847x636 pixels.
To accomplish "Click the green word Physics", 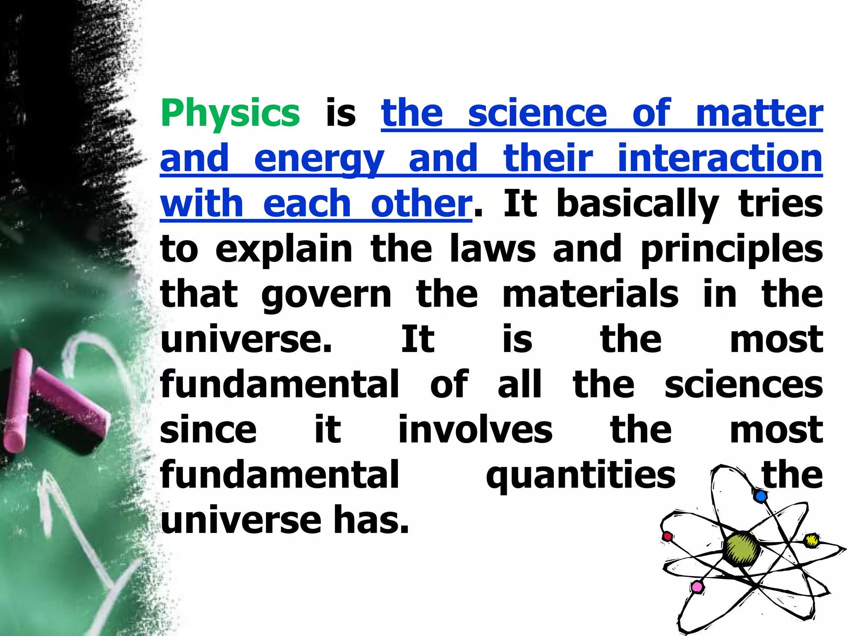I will [x=230, y=113].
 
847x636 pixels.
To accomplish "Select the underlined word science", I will [x=537, y=113].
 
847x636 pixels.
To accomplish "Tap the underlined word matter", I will [x=759, y=113].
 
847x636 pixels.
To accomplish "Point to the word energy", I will [x=319, y=159].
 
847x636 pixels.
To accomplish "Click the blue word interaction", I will [x=720, y=159].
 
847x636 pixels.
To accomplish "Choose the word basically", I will [x=637, y=204].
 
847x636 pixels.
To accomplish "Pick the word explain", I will [x=284, y=250].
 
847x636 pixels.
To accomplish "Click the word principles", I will [x=732, y=250].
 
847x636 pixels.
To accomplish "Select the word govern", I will [x=326, y=295].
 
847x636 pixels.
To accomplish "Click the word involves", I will [x=475, y=430].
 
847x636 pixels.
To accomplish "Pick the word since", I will [x=208, y=430].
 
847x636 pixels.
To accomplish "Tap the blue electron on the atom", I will [x=761, y=496].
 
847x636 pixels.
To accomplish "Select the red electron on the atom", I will [x=667, y=537].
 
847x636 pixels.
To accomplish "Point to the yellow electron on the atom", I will [x=812, y=540].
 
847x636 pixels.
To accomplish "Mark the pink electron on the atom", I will [x=697, y=587].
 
